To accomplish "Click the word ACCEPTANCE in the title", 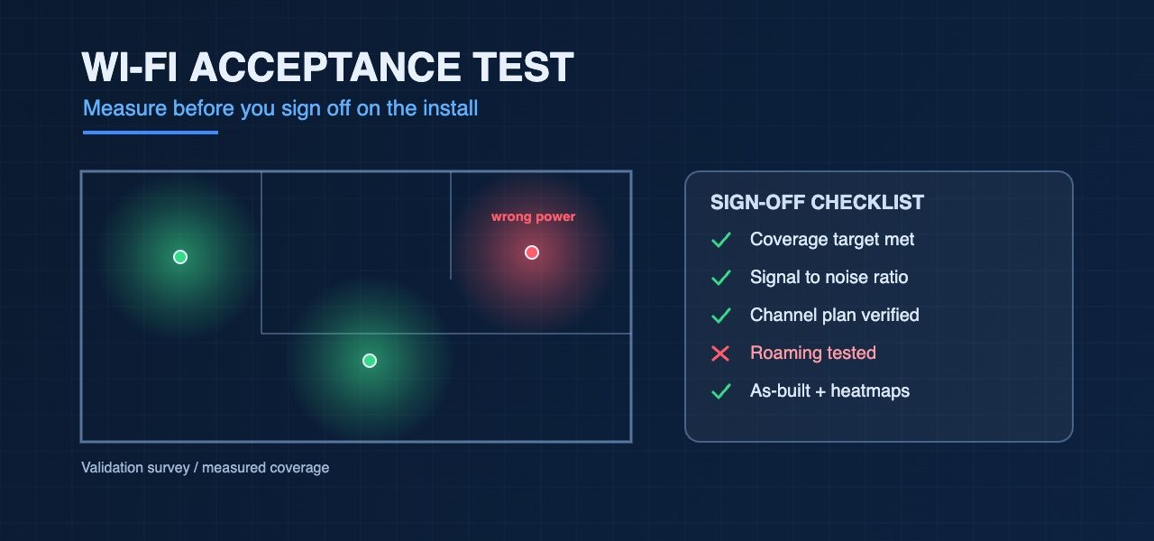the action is pos(326,67).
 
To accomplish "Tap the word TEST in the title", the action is pos(522,67).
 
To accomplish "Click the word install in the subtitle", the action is pos(450,108).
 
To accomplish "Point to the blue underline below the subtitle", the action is pos(151,133).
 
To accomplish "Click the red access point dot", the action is pos(532,252).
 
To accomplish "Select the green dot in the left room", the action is pos(179,257).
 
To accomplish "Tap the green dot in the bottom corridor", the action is pos(370,361).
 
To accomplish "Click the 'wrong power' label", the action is pos(533,217).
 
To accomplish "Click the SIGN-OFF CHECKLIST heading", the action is pos(817,203).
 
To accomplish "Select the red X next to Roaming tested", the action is pos(720,353).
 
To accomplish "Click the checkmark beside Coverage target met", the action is pos(720,240).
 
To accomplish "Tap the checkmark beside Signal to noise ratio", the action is pos(720,277).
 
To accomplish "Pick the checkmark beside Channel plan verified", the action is pos(720,316).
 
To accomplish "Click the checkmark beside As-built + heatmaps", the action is pos(720,391).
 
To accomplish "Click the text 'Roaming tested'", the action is pos(813,353).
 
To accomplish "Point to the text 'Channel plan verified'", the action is pos(835,315).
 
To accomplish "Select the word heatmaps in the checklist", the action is pos(870,391).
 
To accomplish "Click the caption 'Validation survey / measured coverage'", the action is pos(205,468).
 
